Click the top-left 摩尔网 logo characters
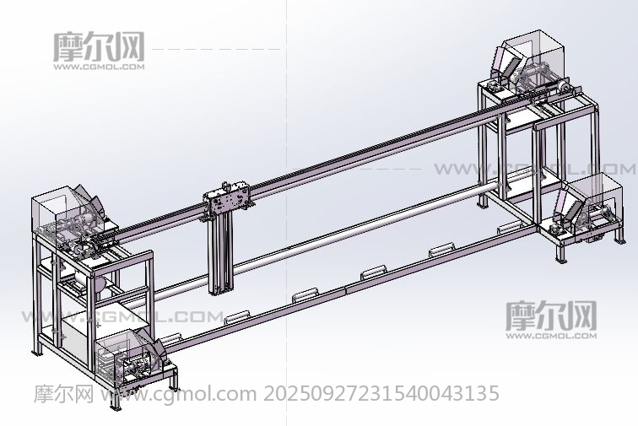[99, 46]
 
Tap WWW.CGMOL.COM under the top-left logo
[99, 67]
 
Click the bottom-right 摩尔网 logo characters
[551, 315]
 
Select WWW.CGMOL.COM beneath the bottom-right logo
[551, 336]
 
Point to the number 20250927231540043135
[381, 393]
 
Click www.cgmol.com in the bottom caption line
[179, 394]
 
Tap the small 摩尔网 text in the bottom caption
[64, 393]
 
